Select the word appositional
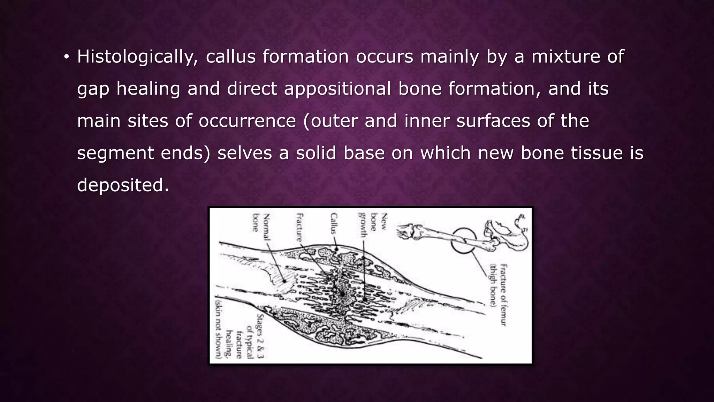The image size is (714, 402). pyautogui.click(x=337, y=89)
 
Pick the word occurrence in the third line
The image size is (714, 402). pyautogui.click(x=247, y=121)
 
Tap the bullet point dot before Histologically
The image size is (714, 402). pyautogui.click(x=66, y=57)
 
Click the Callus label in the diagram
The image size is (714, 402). pyautogui.click(x=334, y=223)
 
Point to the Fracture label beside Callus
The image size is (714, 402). pyautogui.click(x=299, y=228)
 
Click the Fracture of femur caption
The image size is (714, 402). pyautogui.click(x=498, y=295)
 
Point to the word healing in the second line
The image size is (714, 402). pyautogui.click(x=148, y=89)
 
